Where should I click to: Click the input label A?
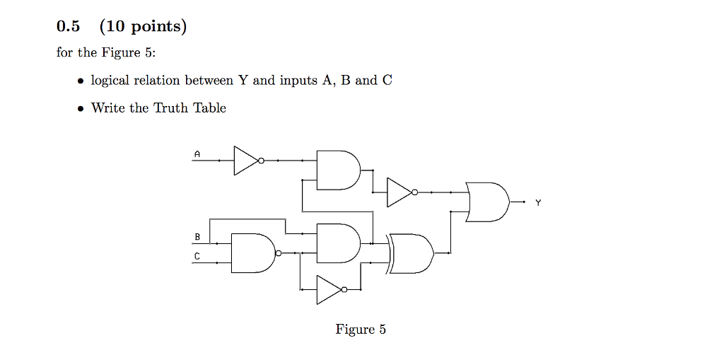tap(197, 153)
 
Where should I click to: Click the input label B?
tap(197, 236)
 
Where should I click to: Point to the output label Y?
tap(537, 203)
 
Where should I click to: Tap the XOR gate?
tap(412, 252)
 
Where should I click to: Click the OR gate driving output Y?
tap(487, 202)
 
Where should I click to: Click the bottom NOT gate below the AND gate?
tap(330, 289)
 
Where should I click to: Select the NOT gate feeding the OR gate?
tap(400, 192)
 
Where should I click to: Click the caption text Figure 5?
tap(361, 330)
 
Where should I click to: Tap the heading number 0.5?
tap(68, 27)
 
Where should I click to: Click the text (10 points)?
tap(144, 27)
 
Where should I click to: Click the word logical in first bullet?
tap(110, 81)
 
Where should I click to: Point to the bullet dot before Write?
tap(81, 109)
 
